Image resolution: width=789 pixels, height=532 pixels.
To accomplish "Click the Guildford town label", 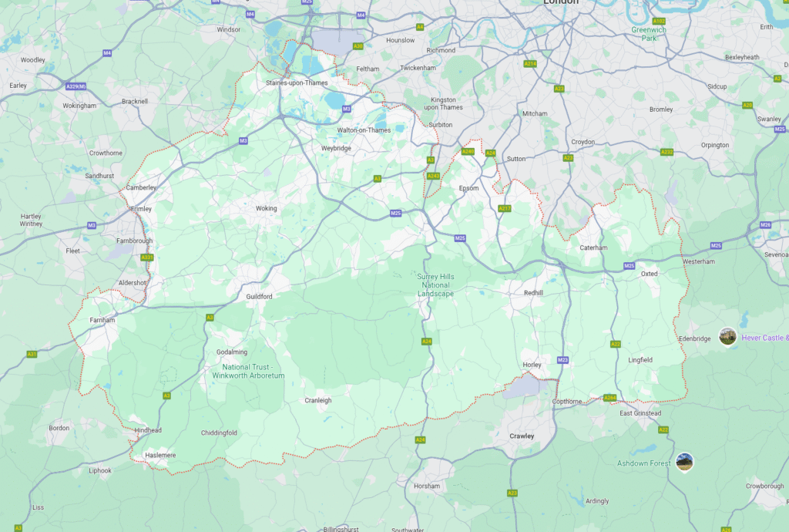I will [259, 296].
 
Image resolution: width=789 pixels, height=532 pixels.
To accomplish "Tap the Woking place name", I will [266, 208].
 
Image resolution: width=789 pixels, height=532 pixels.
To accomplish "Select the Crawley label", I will [522, 436].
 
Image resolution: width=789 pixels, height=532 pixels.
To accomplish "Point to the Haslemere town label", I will [160, 455].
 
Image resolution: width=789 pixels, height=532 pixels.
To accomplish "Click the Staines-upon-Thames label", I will [297, 82].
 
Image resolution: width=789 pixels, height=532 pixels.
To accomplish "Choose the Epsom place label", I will [468, 188].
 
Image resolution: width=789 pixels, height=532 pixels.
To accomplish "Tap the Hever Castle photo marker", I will [727, 336].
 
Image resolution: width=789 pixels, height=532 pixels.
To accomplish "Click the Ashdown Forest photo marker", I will [684, 462].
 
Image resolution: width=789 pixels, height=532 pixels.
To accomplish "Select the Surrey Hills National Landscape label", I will [436, 285].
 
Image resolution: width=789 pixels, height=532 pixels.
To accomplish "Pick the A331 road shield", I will [146, 258].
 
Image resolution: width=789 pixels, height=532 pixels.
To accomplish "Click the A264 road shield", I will [609, 398].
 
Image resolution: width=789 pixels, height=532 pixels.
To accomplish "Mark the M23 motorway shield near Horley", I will [562, 360].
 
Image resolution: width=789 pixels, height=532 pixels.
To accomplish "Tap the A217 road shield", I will [505, 208].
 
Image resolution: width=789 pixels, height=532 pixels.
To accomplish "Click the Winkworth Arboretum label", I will [248, 371].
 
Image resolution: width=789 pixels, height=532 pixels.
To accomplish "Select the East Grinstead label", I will [640, 413].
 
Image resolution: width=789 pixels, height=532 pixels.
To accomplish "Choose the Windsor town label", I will [229, 29].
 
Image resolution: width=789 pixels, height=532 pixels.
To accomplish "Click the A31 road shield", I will [32, 354].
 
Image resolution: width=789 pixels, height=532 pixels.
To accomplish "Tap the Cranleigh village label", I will [317, 400].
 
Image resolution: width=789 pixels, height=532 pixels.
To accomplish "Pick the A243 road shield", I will [433, 176].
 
